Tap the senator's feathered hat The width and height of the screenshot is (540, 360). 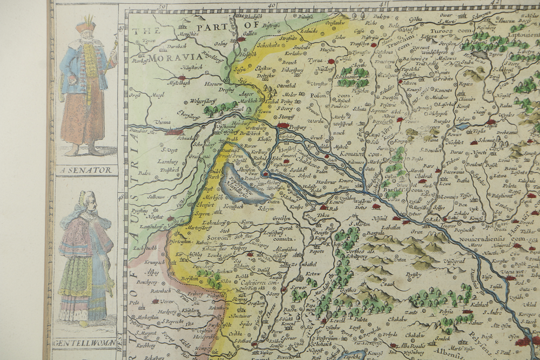[85, 25]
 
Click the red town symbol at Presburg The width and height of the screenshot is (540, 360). [282, 125]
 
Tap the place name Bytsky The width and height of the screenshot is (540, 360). [414, 274]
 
